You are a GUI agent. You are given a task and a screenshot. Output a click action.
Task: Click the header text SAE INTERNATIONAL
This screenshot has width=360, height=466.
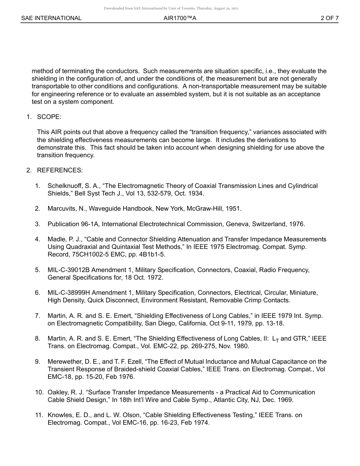pos(51,18)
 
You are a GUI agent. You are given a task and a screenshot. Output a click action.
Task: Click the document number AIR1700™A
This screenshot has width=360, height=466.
pos(180,18)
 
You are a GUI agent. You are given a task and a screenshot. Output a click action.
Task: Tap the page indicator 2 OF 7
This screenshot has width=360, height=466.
pos(329,18)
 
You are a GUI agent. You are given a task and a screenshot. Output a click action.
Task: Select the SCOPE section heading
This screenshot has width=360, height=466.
pos(49,117)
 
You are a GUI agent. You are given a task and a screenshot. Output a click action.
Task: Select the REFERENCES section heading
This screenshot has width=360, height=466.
pos(59,170)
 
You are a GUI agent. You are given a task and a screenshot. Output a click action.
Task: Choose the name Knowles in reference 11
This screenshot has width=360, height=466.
pos(59,415)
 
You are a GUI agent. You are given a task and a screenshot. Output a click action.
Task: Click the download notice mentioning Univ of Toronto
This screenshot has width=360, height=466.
pos(171,8)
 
